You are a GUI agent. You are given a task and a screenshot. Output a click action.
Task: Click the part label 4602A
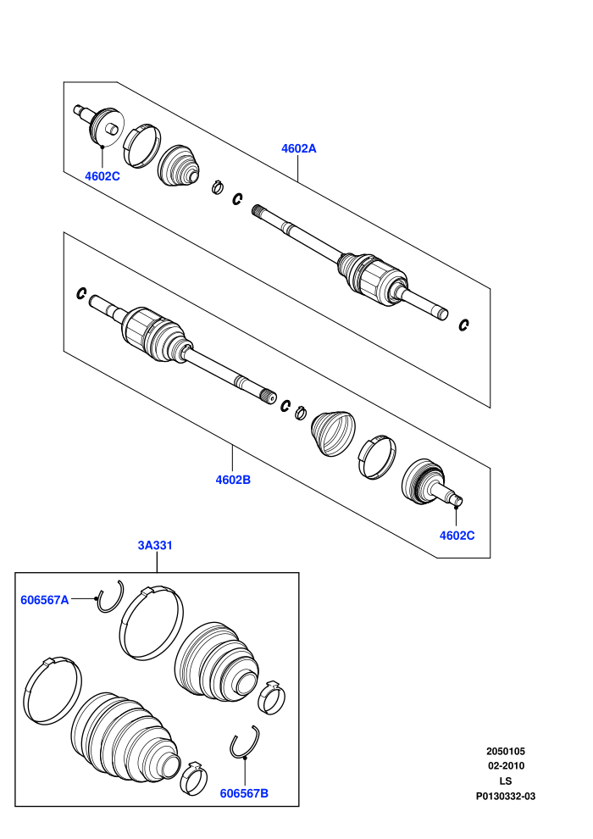tap(299, 148)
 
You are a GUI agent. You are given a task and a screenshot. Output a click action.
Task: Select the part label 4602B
tap(233, 480)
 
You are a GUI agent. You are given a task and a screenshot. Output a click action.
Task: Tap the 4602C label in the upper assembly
tap(103, 176)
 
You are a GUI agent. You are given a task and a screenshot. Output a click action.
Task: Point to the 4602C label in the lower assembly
tap(457, 535)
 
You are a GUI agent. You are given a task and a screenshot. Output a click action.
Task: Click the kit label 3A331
tap(155, 545)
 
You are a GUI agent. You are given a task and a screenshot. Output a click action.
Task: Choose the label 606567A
tap(45, 600)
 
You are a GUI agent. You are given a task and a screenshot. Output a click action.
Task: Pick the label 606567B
tap(244, 793)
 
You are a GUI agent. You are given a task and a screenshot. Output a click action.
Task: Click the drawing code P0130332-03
tap(506, 796)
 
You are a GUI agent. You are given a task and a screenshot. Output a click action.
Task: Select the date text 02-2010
tap(506, 766)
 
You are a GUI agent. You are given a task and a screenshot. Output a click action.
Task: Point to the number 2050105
tap(506, 751)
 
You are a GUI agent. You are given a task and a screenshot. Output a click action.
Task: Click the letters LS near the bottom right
tap(506, 781)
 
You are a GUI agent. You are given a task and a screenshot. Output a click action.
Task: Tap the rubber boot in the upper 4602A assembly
tap(179, 166)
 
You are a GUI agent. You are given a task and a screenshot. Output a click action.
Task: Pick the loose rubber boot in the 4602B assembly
tap(333, 433)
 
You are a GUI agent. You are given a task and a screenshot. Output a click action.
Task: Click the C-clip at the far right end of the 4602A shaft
tap(464, 325)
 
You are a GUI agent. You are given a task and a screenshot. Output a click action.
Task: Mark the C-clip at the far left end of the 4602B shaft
tap(81, 293)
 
